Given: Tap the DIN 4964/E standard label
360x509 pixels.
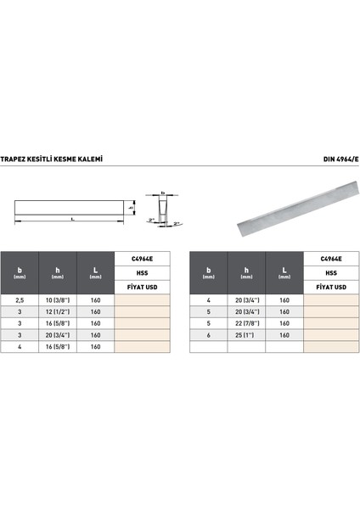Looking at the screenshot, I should point(323,159).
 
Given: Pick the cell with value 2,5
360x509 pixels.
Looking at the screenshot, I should point(19,300).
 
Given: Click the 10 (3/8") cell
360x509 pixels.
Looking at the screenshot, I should point(58,300).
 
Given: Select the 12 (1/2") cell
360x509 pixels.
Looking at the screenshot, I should point(58,311).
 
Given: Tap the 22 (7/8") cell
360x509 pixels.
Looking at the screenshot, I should point(246,323).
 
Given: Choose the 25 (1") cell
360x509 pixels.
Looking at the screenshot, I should point(246,335).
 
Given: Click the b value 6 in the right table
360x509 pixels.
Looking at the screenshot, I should point(207,335).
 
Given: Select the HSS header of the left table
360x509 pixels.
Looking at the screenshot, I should point(143,273).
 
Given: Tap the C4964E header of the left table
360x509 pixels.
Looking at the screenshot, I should point(143,259).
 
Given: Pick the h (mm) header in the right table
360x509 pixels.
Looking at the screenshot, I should point(246,273).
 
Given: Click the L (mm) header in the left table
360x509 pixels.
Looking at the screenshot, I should point(96,273).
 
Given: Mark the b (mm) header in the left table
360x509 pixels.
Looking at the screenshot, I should point(19,273).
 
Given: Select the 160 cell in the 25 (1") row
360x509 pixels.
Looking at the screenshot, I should point(284,335).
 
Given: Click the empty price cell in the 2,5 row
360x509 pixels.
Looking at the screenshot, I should point(143,300).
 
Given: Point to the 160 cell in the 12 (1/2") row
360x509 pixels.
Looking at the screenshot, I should point(96,311).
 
